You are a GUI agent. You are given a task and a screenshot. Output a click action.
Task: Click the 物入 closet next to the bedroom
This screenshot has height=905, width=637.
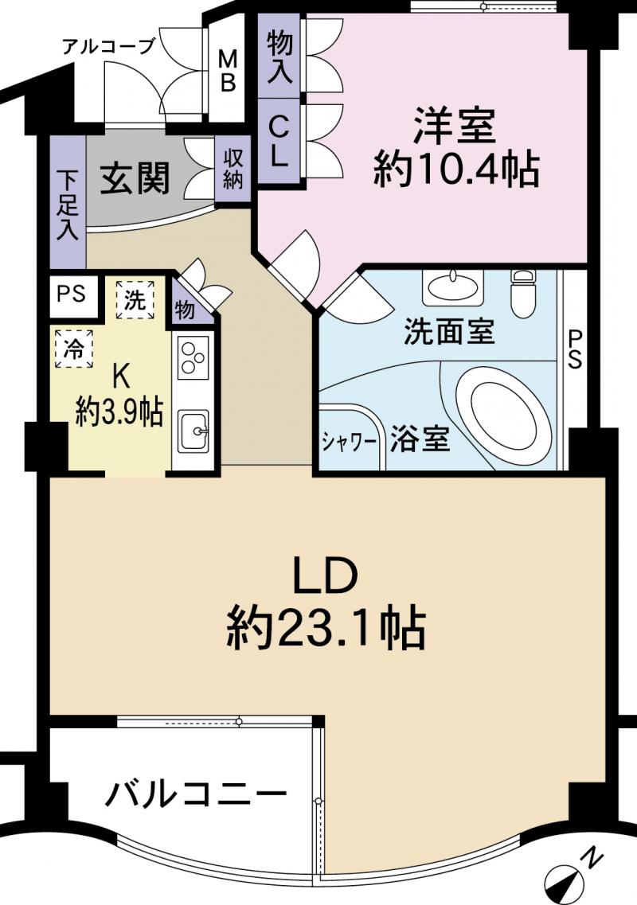(279, 57)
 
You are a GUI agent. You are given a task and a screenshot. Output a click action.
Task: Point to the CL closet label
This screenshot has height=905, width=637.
(279, 141)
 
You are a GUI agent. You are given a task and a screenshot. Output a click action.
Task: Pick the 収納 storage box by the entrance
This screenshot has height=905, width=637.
(233, 168)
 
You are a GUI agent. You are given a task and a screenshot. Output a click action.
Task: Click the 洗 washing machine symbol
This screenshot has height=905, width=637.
(135, 300)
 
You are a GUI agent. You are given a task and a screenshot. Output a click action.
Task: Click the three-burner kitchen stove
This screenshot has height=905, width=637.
(193, 356)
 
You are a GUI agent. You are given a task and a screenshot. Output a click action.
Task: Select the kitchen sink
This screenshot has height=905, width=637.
(192, 431)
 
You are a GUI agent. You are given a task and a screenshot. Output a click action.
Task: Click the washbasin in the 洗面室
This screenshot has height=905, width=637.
(452, 286)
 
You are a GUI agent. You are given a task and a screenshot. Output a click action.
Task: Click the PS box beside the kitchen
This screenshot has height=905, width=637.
(72, 293)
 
